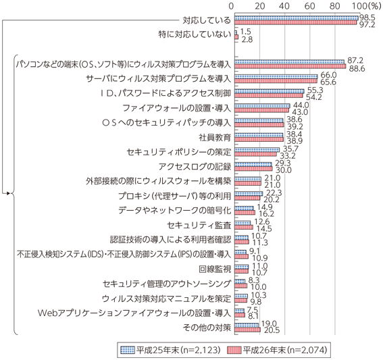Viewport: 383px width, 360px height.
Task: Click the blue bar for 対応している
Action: (x=297, y=18)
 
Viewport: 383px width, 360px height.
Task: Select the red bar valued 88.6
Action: (x=290, y=66)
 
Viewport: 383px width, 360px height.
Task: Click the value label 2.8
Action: (x=247, y=39)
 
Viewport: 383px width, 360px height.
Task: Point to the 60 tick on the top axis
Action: (x=310, y=6)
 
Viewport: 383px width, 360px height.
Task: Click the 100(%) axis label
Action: (x=366, y=6)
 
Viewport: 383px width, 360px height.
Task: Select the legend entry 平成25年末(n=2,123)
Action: (x=171, y=350)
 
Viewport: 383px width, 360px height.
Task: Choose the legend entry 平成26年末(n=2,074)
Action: (x=277, y=350)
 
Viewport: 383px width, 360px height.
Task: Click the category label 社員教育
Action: (x=215, y=138)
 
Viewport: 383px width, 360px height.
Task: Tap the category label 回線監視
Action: (x=215, y=269)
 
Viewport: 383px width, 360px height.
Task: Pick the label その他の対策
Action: (x=207, y=328)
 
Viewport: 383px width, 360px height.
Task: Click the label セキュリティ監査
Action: (x=199, y=225)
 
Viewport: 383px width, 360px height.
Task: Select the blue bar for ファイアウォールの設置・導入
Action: (x=262, y=106)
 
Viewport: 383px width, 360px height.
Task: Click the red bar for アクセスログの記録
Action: (x=253, y=169)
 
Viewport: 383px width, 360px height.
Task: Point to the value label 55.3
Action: (x=315, y=91)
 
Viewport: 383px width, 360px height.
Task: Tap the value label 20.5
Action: (x=272, y=330)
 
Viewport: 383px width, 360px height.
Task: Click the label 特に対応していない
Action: (x=195, y=34)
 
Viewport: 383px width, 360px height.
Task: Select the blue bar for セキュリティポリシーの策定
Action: (x=257, y=150)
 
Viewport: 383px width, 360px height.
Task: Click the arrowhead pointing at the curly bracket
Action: (x=9, y=193)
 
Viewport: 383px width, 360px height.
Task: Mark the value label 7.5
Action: (x=253, y=310)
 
